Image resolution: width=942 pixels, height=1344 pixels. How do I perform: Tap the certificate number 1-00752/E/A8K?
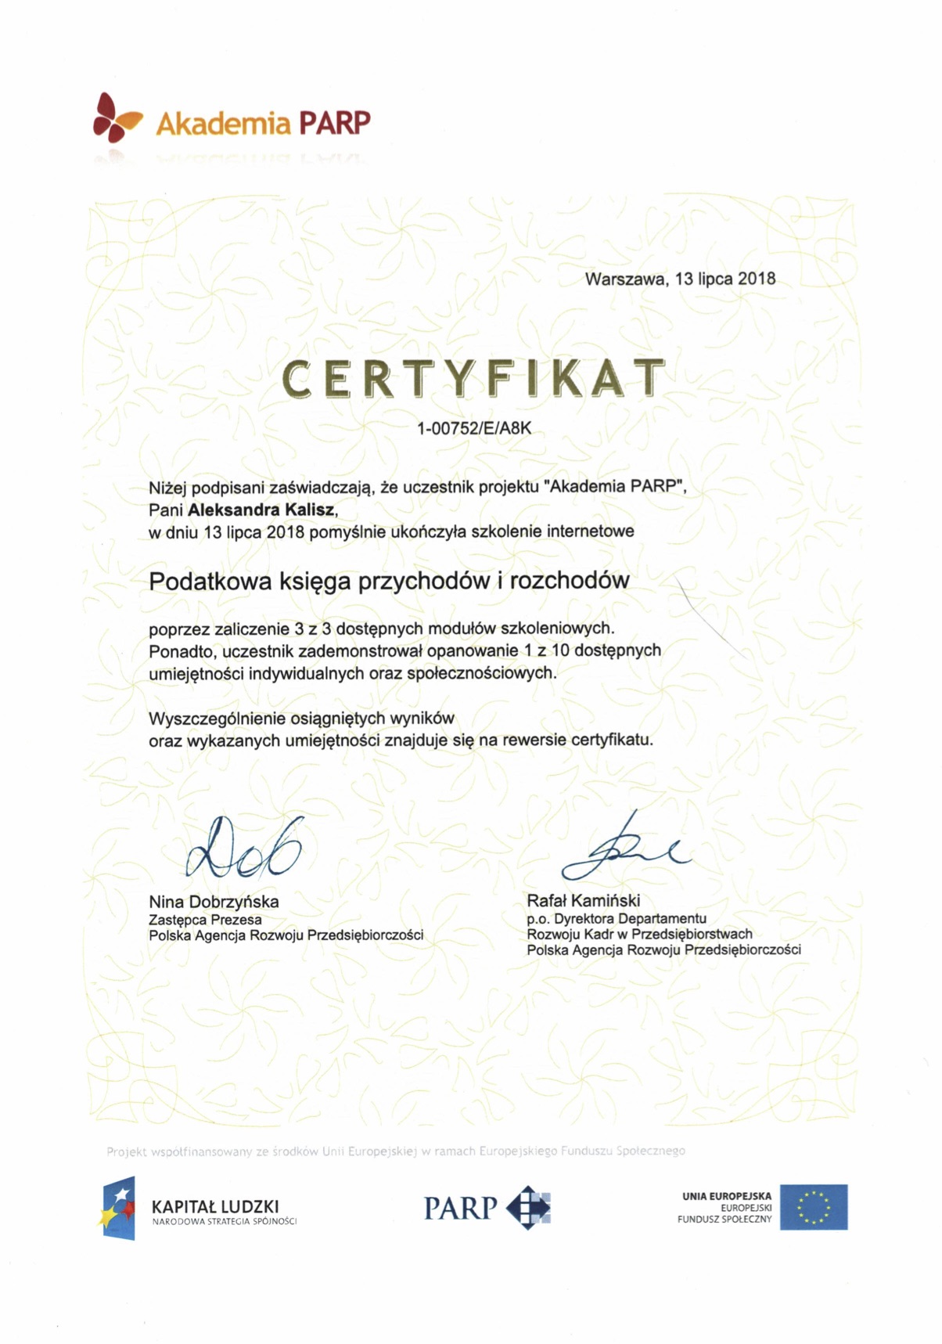[474, 429]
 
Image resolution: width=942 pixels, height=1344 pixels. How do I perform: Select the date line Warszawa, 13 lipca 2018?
[680, 279]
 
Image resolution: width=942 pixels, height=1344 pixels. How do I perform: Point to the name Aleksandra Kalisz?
[261, 510]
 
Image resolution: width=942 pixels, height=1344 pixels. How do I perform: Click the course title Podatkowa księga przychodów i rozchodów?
[389, 581]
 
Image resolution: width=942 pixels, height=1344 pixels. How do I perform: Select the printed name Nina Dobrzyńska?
[214, 902]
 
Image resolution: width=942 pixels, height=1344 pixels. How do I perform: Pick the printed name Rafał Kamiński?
[583, 901]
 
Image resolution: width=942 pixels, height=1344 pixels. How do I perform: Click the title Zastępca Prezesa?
[205, 920]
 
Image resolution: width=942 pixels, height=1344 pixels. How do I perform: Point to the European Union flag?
[813, 1207]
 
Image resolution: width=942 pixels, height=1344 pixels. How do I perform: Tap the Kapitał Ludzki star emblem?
[118, 1208]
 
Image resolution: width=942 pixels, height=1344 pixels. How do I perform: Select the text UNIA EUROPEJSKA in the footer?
[726, 1196]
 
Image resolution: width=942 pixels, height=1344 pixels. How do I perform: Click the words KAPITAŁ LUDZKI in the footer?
[215, 1206]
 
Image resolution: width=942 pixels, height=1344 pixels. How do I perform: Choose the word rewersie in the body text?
[534, 740]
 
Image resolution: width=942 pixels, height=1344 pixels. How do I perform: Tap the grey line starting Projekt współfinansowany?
[395, 1151]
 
